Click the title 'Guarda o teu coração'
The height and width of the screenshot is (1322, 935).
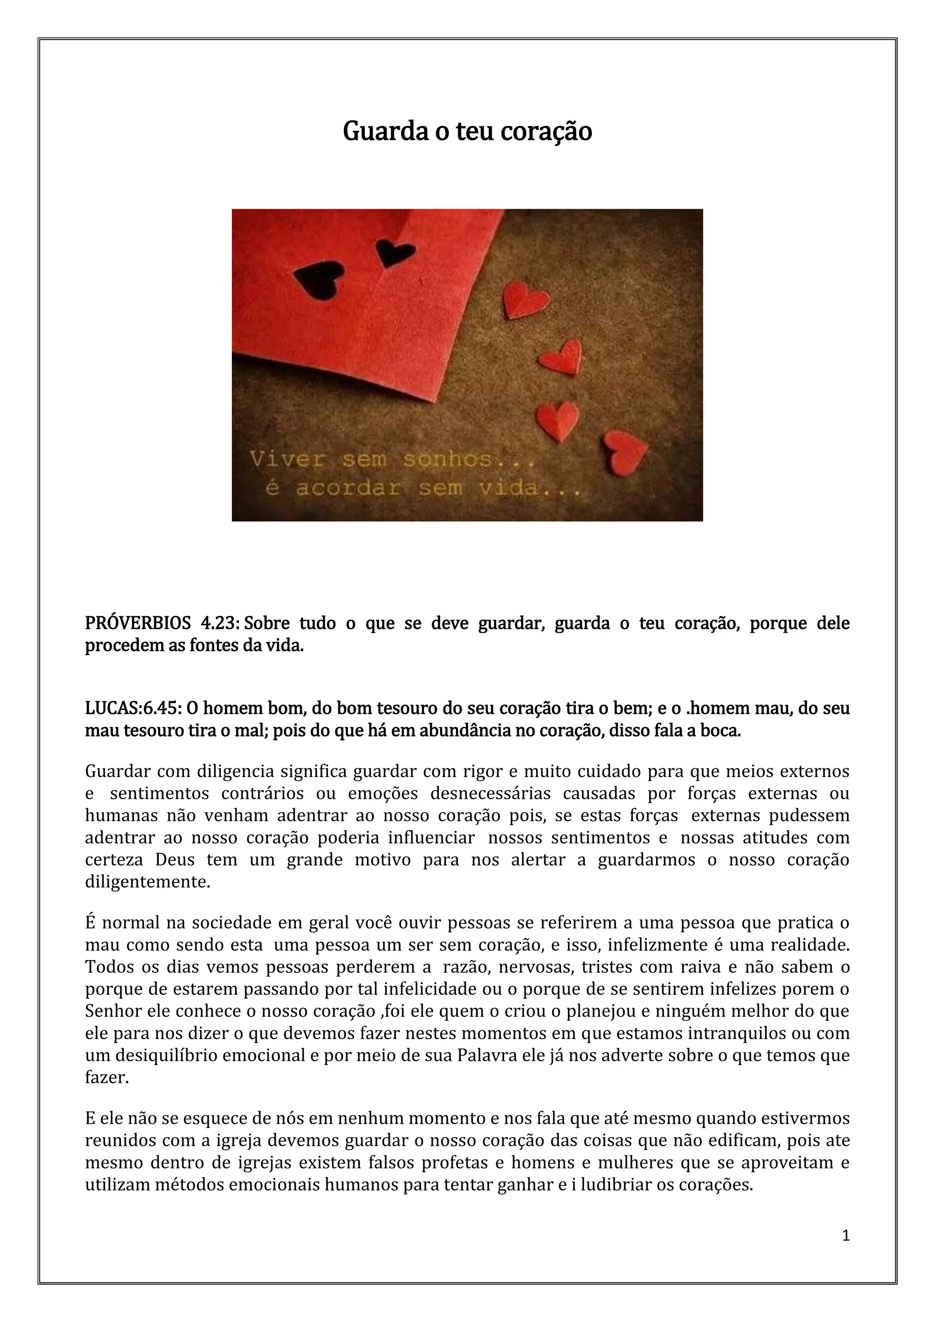tap(467, 132)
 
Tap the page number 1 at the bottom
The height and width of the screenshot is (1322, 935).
tap(845, 1235)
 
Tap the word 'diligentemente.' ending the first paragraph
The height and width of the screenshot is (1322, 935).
tap(147, 882)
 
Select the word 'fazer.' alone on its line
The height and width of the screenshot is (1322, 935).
tap(107, 1077)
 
